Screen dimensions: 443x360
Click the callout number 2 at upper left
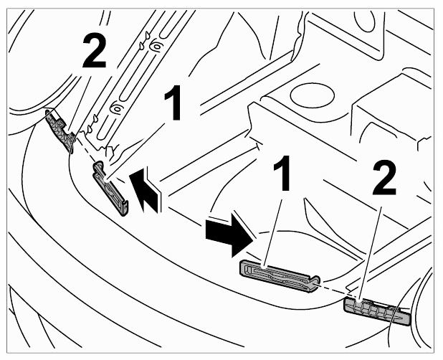point(95,52)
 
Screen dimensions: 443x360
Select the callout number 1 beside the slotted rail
point(173,103)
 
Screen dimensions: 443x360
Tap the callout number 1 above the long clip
point(282,173)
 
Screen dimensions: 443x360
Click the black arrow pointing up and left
point(146,190)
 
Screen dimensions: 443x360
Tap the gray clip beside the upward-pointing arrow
point(110,189)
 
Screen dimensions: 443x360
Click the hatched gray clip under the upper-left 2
point(60,130)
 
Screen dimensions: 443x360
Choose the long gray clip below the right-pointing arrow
point(280,276)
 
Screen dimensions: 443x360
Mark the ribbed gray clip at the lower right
point(377,311)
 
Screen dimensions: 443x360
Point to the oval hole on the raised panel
point(312,95)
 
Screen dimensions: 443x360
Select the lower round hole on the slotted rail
point(117,108)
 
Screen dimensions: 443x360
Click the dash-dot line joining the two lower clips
point(332,290)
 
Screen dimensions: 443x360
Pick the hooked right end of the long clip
point(316,283)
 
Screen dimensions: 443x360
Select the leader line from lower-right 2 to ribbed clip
point(370,255)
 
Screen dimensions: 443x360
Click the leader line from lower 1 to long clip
point(272,232)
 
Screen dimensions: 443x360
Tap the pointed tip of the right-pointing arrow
point(252,241)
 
